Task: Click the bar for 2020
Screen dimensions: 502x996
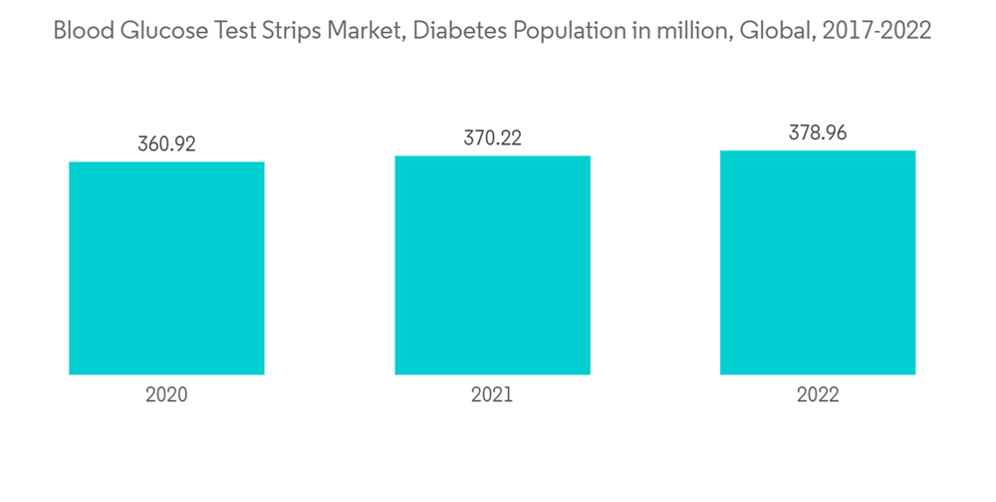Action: point(166,268)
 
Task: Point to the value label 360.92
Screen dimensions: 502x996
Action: point(166,143)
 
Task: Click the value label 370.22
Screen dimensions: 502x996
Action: point(492,138)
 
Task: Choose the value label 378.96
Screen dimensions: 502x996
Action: point(818,132)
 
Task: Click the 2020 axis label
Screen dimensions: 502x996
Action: point(166,394)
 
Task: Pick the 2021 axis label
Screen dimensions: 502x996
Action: point(492,394)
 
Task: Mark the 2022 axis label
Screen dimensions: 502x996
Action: point(818,394)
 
